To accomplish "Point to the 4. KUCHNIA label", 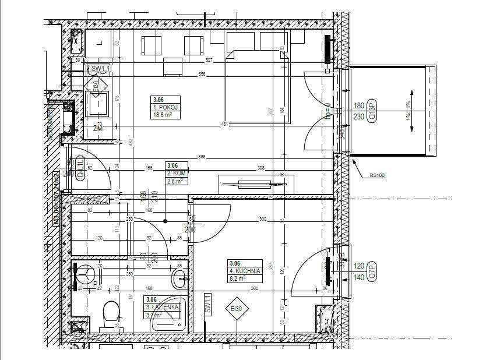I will [245, 271].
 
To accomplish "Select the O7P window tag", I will [374, 271].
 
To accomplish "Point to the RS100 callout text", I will [377, 175].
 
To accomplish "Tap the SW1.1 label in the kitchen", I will [207, 305].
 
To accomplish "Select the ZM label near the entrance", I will [97, 128].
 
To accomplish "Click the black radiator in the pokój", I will [328, 50].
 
